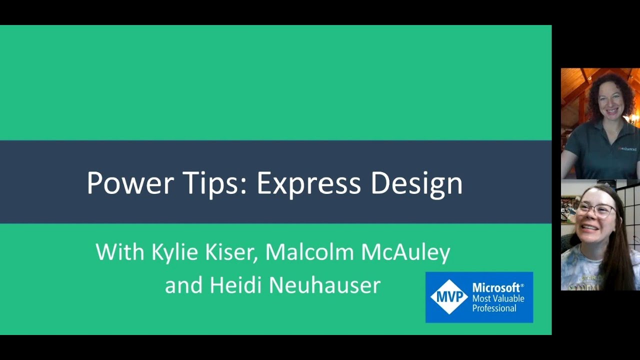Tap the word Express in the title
[308, 183]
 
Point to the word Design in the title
[416, 183]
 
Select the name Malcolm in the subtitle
[309, 252]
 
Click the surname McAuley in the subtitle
[405, 252]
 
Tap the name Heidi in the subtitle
[236, 285]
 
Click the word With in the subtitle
[120, 252]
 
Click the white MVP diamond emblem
[448, 297]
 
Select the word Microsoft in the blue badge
[496, 287]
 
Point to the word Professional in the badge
[494, 308]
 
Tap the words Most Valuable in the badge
[498, 298]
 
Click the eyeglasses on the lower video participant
[594, 210]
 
